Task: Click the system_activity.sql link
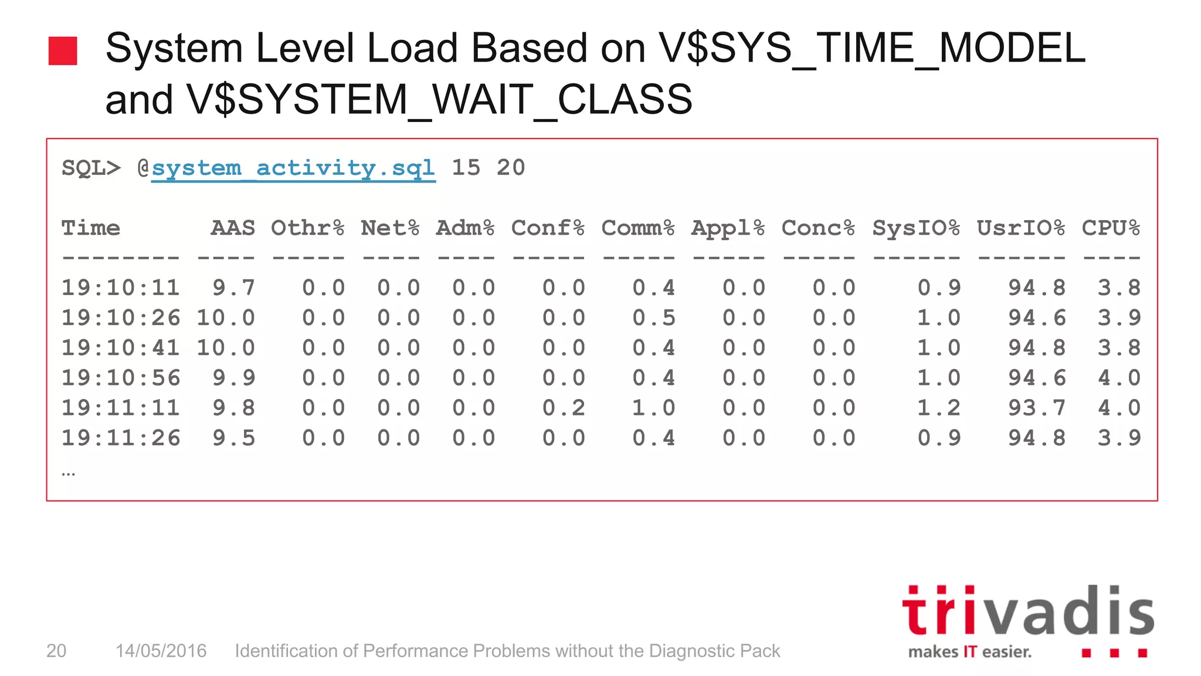293,168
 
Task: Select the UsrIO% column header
1020,228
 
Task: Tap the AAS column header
233,228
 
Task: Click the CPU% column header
1111,228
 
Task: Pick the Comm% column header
638,228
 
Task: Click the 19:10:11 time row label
121,288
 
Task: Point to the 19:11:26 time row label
121,438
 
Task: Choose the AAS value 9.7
233,288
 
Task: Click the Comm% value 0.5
654,318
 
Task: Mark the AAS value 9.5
233,438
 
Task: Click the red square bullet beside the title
63,51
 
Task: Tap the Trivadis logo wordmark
1027,611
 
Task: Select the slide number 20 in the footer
56,651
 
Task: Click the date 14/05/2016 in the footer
161,651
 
